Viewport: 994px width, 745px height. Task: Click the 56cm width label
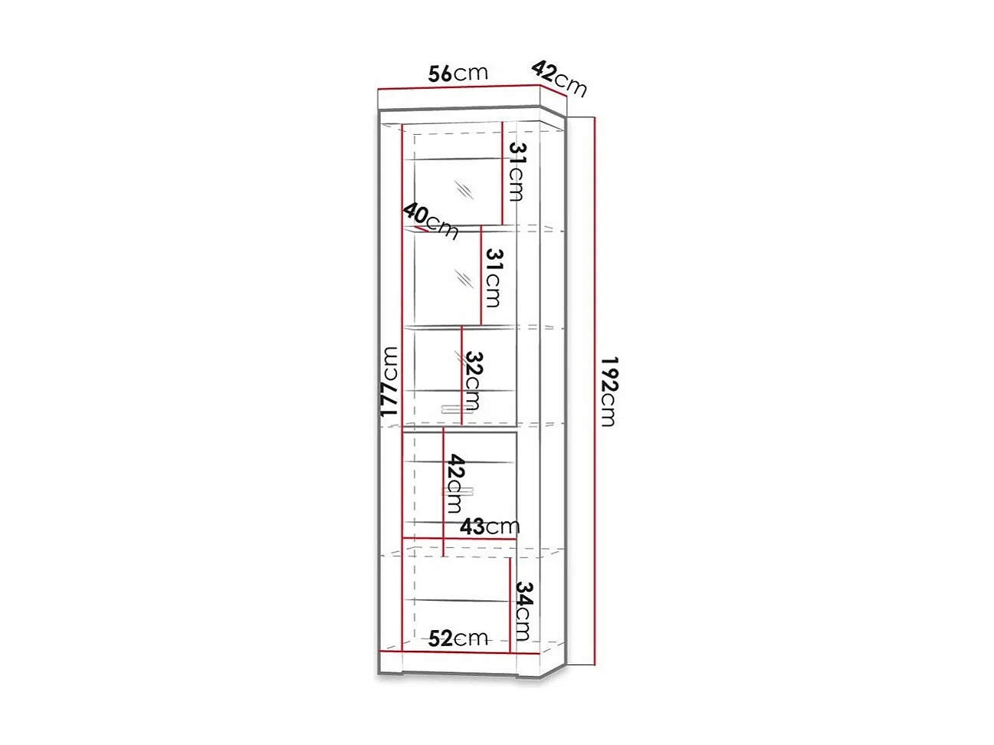pos(458,73)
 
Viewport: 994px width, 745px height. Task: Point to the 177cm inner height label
pos(390,382)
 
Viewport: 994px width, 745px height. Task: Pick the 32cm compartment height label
pos(473,381)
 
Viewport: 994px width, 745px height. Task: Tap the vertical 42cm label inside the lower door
pos(456,484)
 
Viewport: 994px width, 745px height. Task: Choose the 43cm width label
pos(490,527)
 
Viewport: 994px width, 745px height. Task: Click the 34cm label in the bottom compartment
pos(523,610)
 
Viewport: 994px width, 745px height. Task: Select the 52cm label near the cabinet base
pos(458,638)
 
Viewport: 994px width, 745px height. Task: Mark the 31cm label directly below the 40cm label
pos(493,277)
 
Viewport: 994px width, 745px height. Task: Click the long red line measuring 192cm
pos(594,391)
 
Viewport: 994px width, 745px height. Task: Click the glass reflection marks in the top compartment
pos(462,189)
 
